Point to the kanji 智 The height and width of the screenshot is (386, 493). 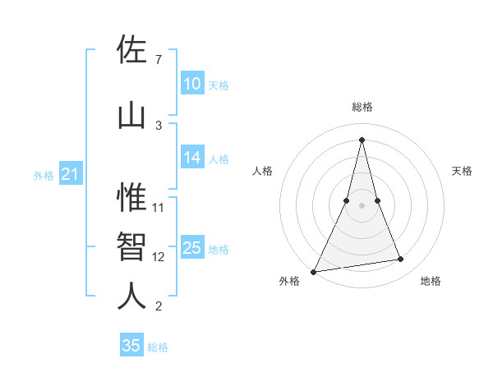[131, 246]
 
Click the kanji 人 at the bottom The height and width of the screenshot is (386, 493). [131, 296]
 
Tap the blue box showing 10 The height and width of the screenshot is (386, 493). [192, 84]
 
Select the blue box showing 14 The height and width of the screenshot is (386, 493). [192, 158]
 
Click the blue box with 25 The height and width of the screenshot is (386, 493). [192, 248]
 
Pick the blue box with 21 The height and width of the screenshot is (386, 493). [69, 174]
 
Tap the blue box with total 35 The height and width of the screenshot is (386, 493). [131, 346]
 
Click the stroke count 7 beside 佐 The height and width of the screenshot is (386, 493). [158, 59]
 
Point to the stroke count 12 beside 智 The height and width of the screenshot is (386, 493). [159, 256]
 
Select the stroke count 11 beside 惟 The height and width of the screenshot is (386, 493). [159, 207]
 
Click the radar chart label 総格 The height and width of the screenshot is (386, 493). [362, 107]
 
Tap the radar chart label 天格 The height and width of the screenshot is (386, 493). [463, 171]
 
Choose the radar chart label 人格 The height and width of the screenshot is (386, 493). [262, 171]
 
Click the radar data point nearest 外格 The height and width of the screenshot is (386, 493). [314, 271]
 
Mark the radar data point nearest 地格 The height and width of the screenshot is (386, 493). [401, 260]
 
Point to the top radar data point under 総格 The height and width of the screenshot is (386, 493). [362, 140]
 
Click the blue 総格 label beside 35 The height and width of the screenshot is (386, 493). [158, 347]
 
